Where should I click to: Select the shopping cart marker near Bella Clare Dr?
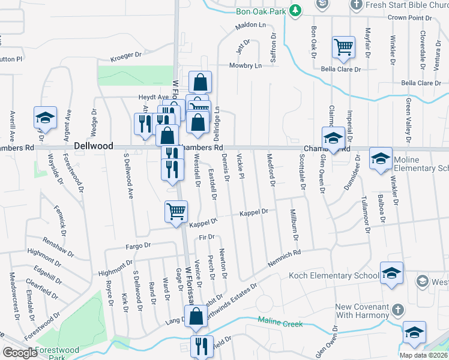(x=343, y=47)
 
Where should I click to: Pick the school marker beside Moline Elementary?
(x=381, y=158)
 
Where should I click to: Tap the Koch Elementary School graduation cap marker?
(x=391, y=274)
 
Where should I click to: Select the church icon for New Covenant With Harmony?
(x=396, y=310)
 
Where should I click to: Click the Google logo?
(x=20, y=353)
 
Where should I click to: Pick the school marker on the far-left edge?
(x=44, y=118)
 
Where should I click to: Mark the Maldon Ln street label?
(x=250, y=26)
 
